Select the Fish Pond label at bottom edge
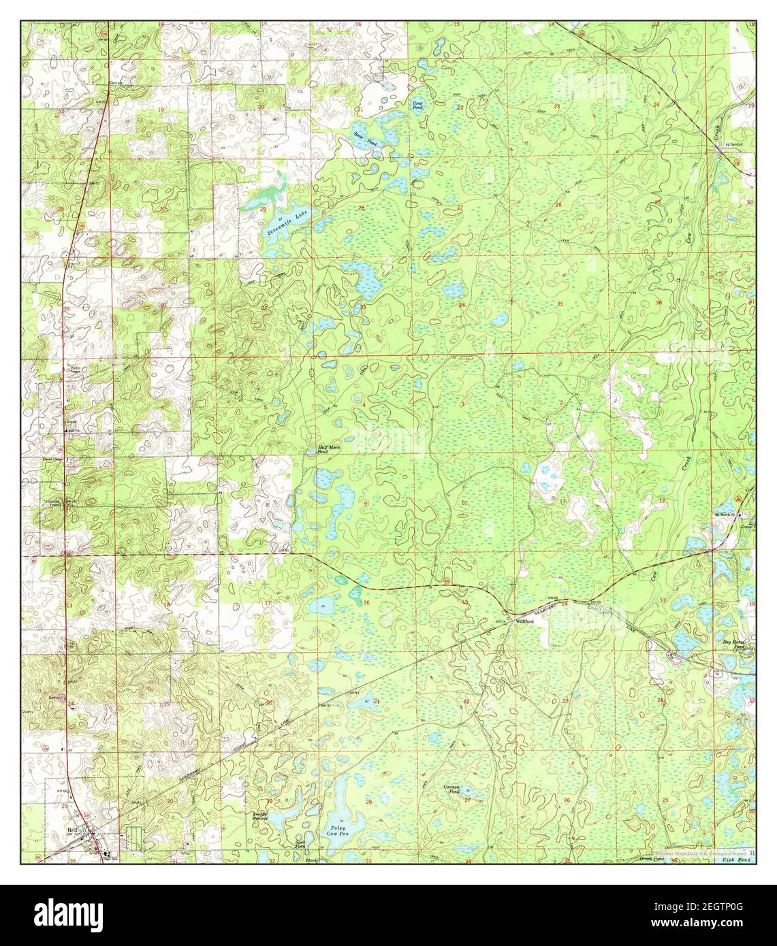(738, 860)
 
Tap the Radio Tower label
(76, 370)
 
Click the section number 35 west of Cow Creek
(560, 303)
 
